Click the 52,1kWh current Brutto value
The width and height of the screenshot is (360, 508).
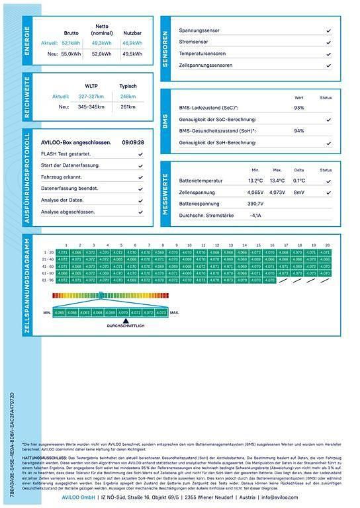(71, 42)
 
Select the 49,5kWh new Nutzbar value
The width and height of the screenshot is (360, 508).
(132, 54)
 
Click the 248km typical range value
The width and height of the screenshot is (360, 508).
(128, 96)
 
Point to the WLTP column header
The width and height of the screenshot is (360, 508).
(91, 86)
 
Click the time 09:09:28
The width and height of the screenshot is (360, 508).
(132, 142)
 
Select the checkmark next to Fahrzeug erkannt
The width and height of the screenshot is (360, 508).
(140, 177)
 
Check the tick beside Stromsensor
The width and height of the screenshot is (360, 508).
(329, 42)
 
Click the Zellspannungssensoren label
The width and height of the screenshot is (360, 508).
(206, 65)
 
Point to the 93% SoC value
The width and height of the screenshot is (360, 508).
(299, 107)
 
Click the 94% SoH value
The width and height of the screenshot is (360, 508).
(299, 131)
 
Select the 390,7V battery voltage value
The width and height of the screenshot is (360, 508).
(255, 204)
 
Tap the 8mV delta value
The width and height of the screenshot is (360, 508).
(299, 192)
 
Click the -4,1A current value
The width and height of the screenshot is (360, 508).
(255, 215)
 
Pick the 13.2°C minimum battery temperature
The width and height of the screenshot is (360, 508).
(255, 180)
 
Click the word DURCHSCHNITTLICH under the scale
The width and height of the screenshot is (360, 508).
(126, 326)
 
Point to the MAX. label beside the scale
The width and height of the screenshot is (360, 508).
(175, 312)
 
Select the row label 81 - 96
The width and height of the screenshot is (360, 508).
(48, 280)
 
